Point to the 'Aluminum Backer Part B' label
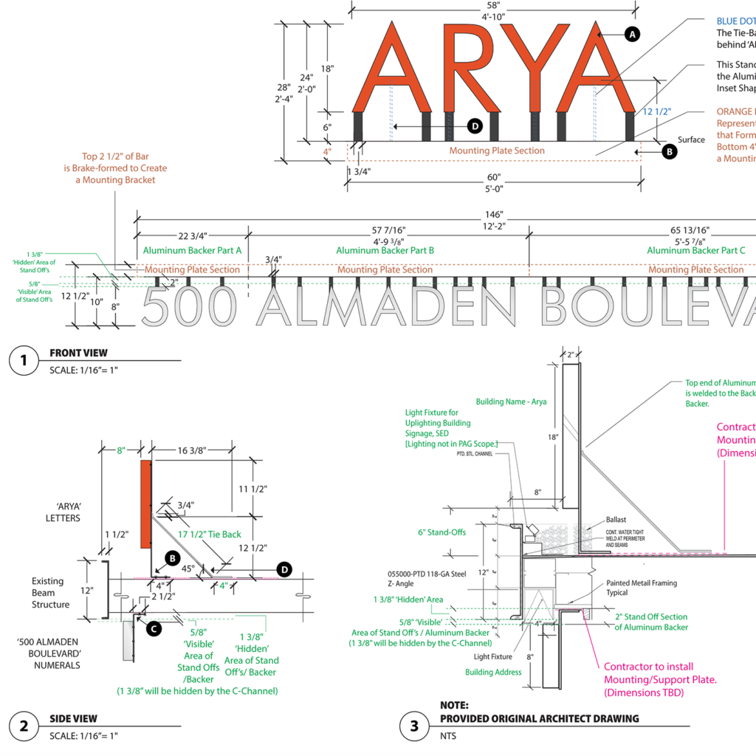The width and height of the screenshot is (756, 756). [385, 250]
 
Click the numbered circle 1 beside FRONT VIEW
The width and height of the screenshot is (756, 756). [24, 360]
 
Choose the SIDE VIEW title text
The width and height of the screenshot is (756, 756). [73, 718]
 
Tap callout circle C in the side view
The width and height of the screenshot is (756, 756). [154, 629]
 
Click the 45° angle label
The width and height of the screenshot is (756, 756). [188, 569]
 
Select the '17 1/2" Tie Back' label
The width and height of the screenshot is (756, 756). [210, 534]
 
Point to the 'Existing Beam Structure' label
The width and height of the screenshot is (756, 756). [51, 593]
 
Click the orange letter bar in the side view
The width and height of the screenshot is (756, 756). [145, 504]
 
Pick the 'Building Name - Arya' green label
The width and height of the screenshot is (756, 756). [511, 402]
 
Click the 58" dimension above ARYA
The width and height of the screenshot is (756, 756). [494, 5]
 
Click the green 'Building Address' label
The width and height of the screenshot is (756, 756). [493, 672]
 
